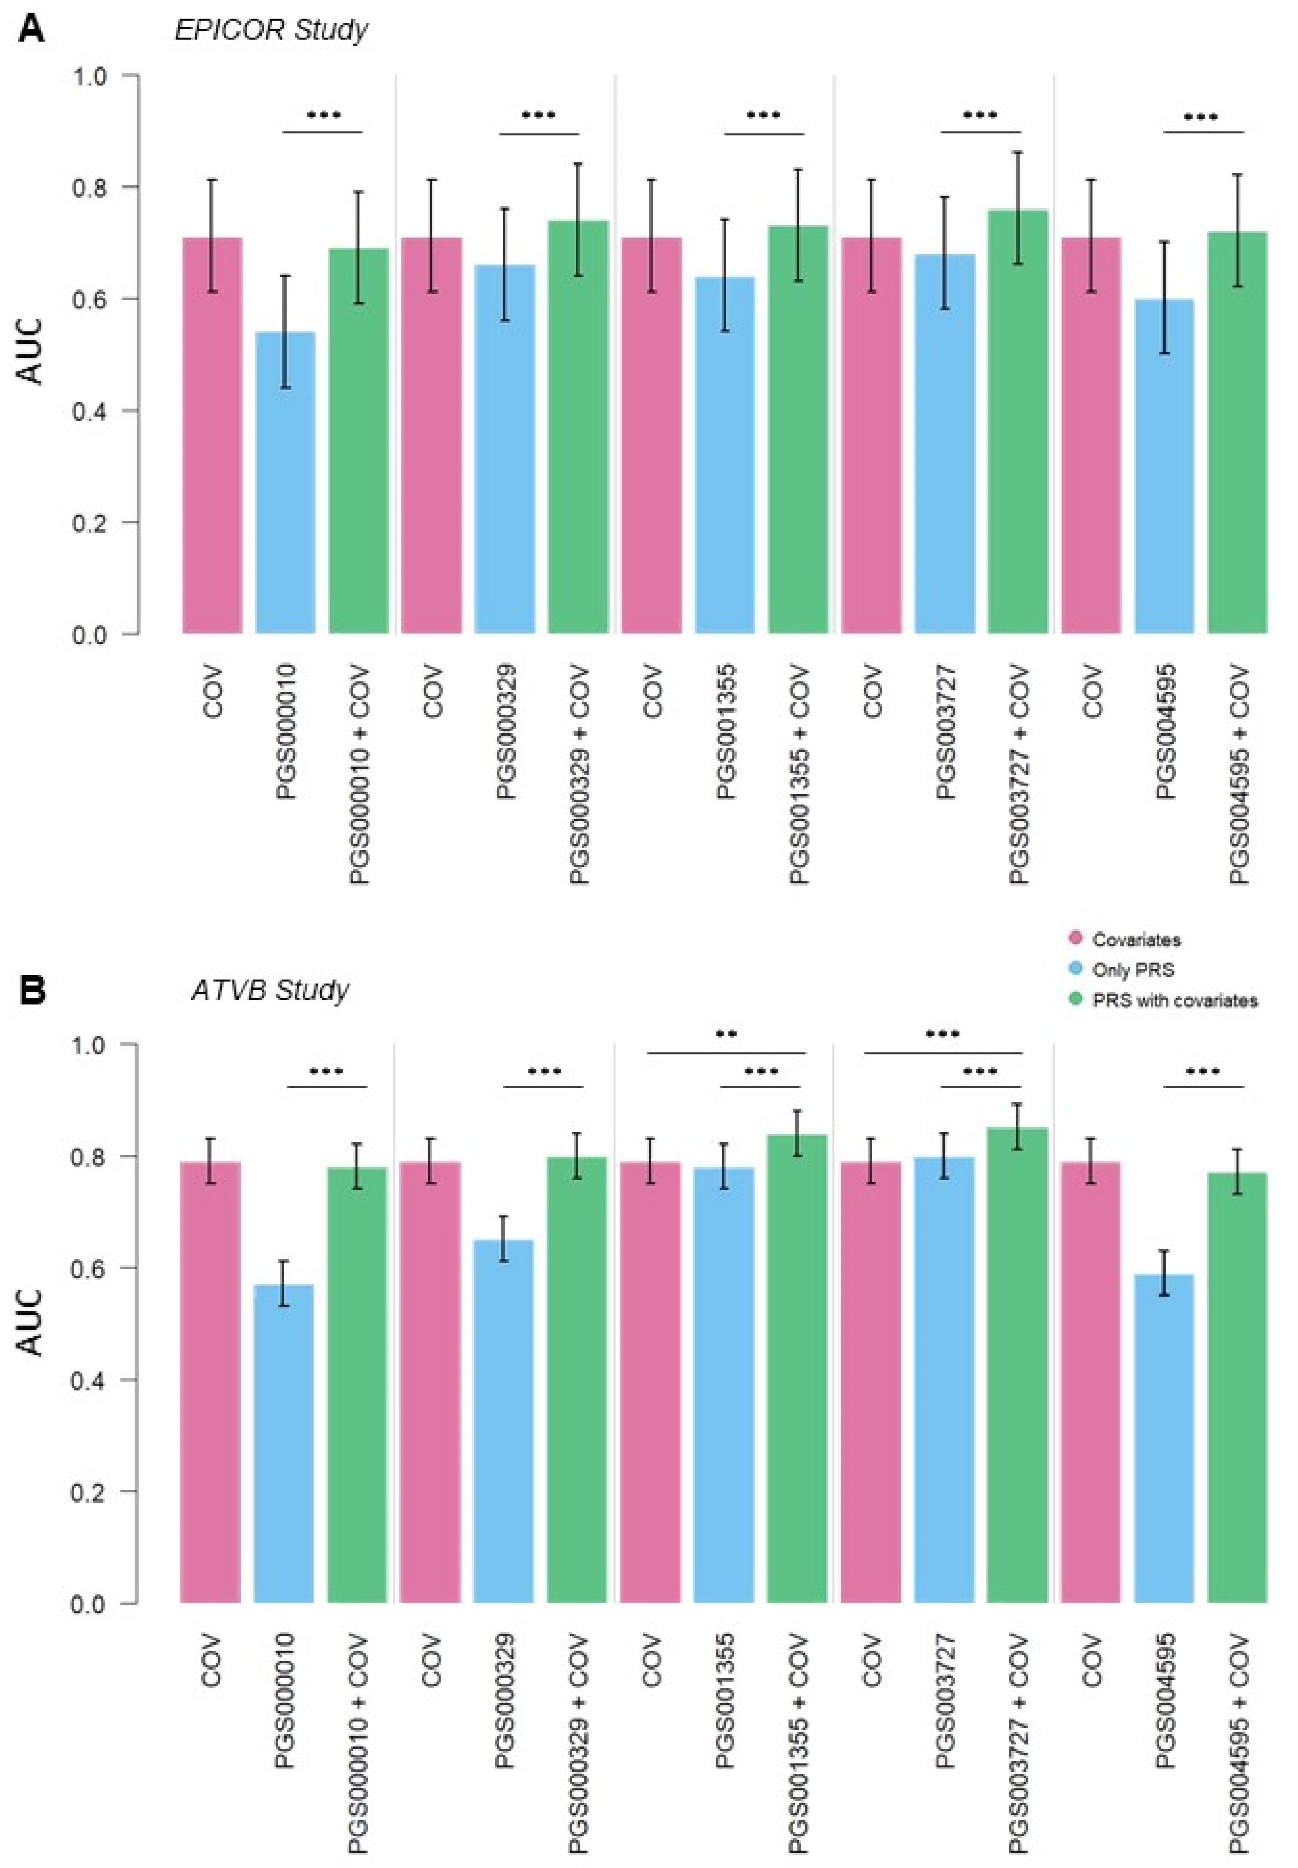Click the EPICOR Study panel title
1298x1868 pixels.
coord(271,30)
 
